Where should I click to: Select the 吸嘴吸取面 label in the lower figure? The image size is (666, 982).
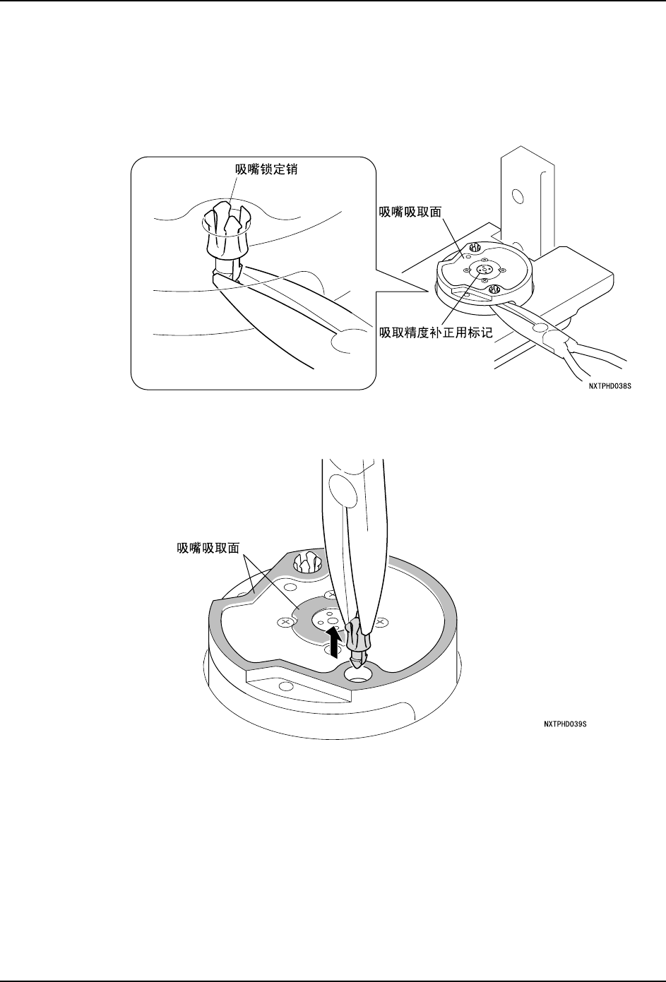click(x=208, y=547)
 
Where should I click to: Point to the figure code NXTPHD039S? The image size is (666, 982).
click(x=565, y=724)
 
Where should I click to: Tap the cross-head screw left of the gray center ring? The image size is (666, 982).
click(x=285, y=622)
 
